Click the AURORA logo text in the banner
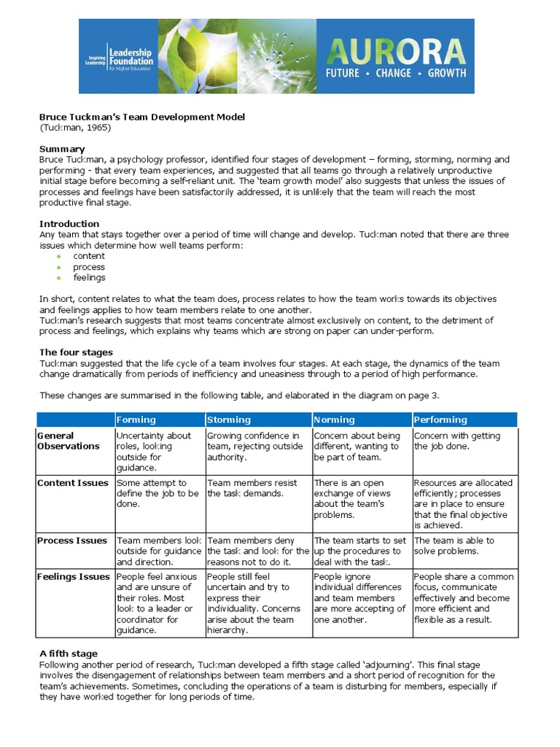coord(395,51)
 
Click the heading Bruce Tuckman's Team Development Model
coord(142,117)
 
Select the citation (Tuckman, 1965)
coord(75,128)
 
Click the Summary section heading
coord(62,149)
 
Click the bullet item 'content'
coord(89,256)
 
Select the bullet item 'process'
coord(89,267)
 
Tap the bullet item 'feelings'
coord(89,277)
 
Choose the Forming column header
coord(136,419)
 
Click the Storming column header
coord(229,419)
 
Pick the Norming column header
coord(335,419)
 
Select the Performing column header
coord(440,419)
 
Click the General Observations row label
coord(68,441)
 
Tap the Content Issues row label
coord(72,483)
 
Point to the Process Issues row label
coord(72,541)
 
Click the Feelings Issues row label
coord(74,576)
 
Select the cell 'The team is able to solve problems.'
coord(454,546)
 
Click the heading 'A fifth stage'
coord(69,653)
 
